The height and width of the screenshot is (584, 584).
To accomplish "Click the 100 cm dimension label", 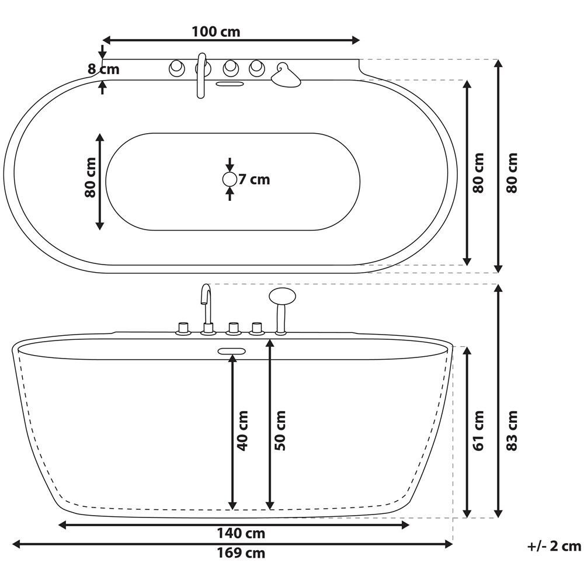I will click(215, 32).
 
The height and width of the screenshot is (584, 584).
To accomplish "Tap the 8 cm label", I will click(103, 69).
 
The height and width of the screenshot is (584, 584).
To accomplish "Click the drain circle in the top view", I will click(230, 179).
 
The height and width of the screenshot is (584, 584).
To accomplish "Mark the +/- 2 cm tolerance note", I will click(554, 546).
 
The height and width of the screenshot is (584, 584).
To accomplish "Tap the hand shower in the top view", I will click(285, 75).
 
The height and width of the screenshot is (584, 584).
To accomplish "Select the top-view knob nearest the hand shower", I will click(256, 69).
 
